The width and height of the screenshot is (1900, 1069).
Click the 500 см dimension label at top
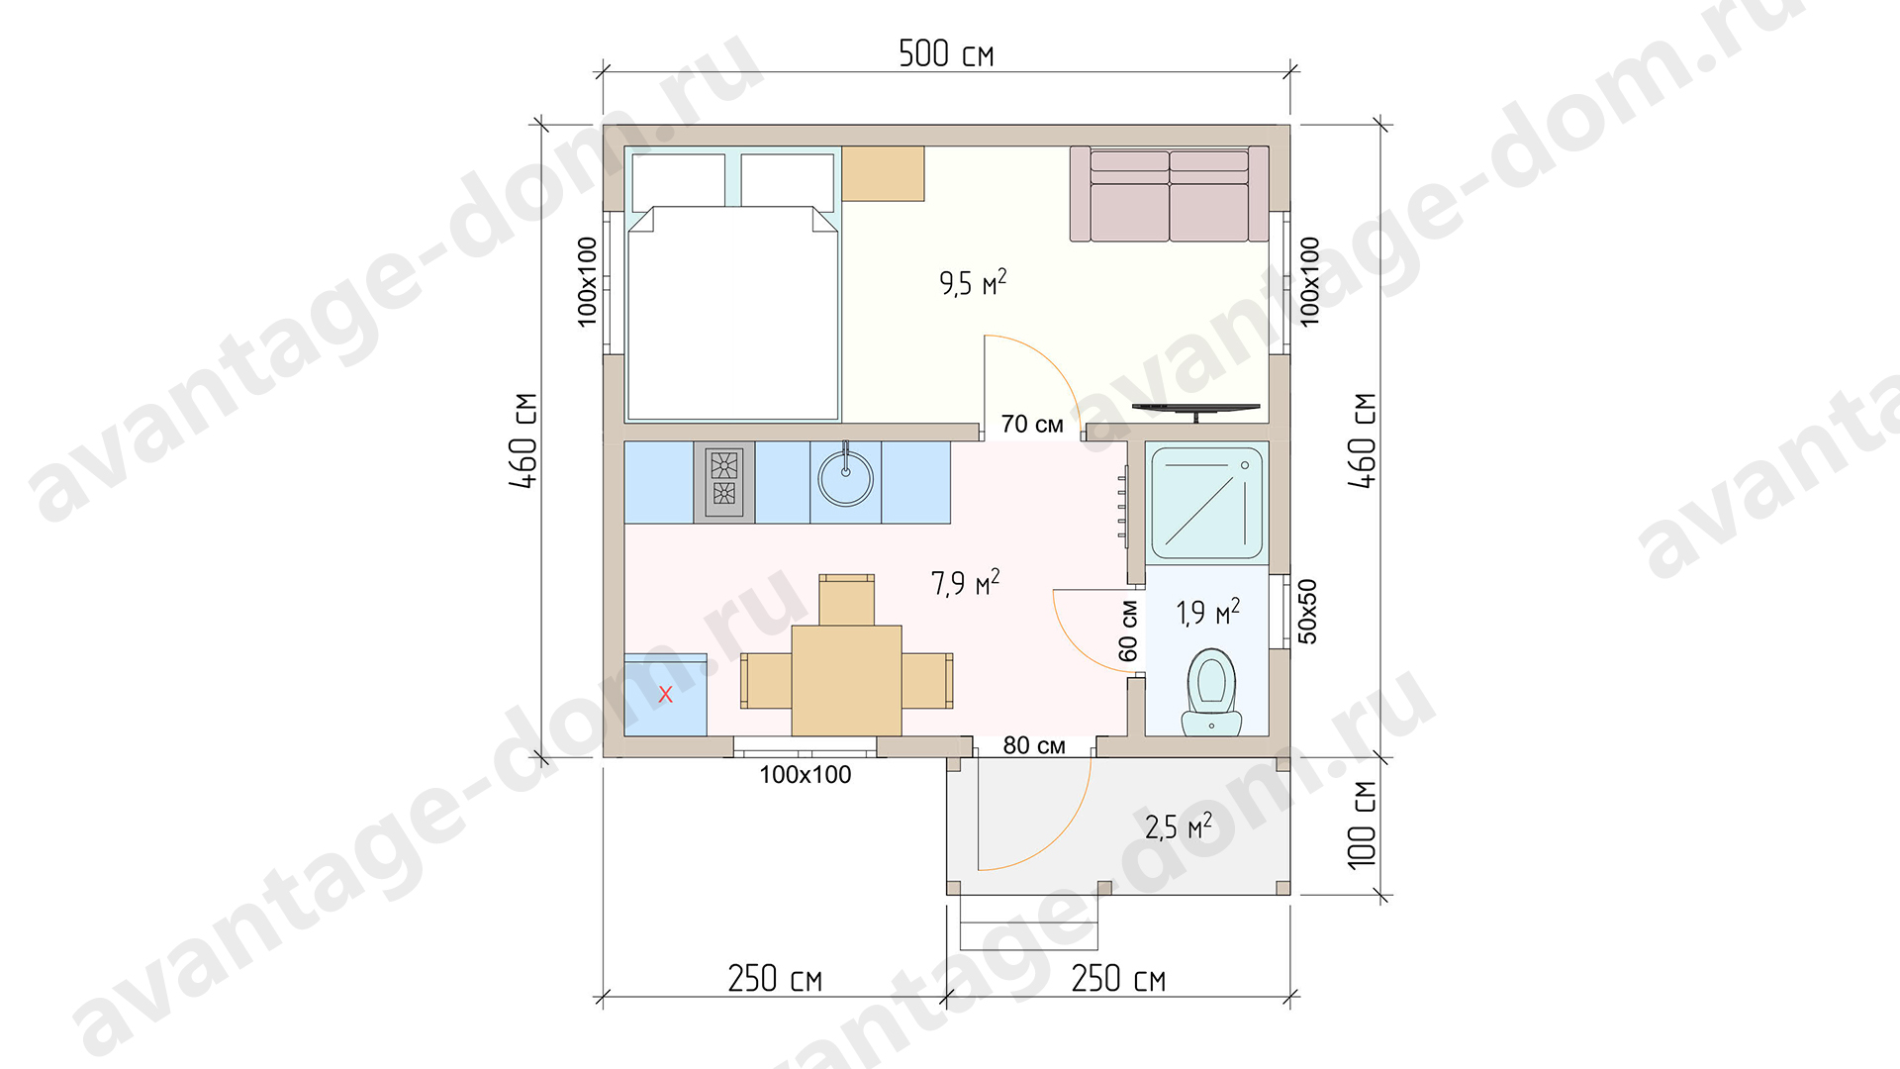[x=946, y=53]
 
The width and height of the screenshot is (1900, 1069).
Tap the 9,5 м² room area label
[x=973, y=283]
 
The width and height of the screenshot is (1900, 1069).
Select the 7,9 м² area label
[x=965, y=582]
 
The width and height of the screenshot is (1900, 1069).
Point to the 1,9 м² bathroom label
[x=1207, y=612]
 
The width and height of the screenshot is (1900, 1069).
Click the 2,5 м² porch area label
[x=1178, y=826]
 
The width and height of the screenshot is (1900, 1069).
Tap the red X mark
[x=665, y=695]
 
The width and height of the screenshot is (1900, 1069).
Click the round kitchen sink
[x=845, y=479]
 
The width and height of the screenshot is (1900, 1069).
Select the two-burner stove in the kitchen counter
[x=724, y=482]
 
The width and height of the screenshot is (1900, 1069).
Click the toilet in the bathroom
[x=1211, y=693]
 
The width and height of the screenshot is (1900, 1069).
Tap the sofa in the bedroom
[x=1169, y=194]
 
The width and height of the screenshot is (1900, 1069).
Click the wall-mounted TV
[x=1196, y=409]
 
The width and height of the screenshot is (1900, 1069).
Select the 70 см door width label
[x=1032, y=425]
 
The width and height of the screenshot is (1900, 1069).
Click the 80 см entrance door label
[x=1034, y=745]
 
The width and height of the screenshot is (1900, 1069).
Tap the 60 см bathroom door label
[x=1128, y=631]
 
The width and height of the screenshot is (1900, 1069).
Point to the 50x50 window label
[x=1307, y=612]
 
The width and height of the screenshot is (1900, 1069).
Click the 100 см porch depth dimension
[x=1362, y=826]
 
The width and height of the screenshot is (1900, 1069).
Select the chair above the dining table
[x=846, y=600]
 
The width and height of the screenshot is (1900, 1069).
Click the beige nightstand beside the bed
[x=883, y=174]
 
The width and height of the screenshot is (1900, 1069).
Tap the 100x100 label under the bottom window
[x=806, y=775]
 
